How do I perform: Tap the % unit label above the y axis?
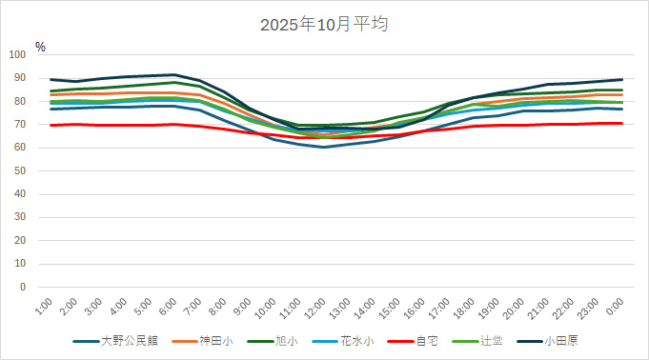click(40, 46)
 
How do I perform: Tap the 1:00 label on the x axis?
click(43, 307)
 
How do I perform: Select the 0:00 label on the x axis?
click(615, 307)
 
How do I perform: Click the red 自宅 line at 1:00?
click(50, 125)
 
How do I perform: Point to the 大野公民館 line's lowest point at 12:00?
click(323, 147)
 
